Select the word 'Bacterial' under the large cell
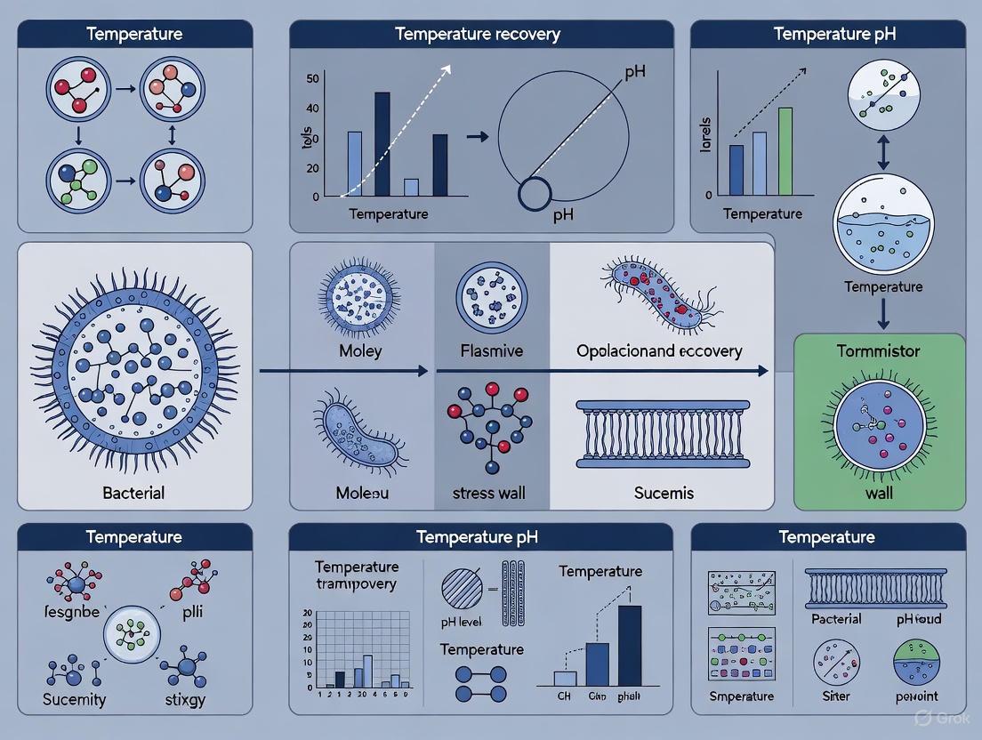pyautogui.click(x=134, y=492)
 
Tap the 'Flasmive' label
pyautogui.click(x=491, y=350)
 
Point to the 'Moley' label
pyautogui.click(x=360, y=350)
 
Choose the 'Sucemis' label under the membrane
pyautogui.click(x=664, y=492)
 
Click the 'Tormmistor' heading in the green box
pyautogui.click(x=879, y=351)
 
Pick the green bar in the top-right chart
pyautogui.click(x=785, y=150)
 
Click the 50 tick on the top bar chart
pyautogui.click(x=311, y=78)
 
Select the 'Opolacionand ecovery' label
pyautogui.click(x=659, y=350)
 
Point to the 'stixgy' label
pyautogui.click(x=185, y=699)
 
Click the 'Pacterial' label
pyautogui.click(x=836, y=618)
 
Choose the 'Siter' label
pyautogui.click(x=836, y=696)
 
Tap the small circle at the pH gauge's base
pyautogui.click(x=535, y=194)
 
